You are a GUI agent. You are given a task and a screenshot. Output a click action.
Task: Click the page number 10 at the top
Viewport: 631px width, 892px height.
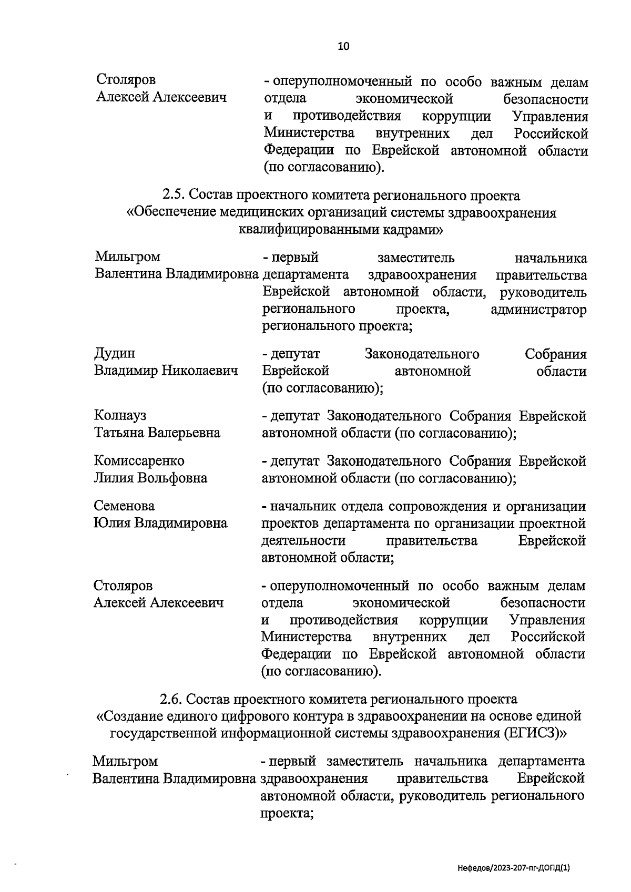(343, 46)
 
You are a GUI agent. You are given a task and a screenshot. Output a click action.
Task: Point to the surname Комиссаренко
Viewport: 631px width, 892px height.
(139, 461)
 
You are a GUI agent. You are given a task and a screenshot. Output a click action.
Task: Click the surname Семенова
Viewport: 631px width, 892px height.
(124, 506)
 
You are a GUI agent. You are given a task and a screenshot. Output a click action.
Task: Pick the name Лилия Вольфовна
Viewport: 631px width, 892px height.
(150, 478)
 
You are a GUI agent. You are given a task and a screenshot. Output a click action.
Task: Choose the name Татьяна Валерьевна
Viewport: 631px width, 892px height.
(157, 433)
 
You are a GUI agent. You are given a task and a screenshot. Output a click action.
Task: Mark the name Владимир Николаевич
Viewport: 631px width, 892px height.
(166, 371)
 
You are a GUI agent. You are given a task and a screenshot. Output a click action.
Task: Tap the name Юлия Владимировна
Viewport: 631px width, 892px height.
(160, 523)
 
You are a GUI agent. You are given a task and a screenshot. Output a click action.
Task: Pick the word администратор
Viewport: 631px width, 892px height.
(538, 310)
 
